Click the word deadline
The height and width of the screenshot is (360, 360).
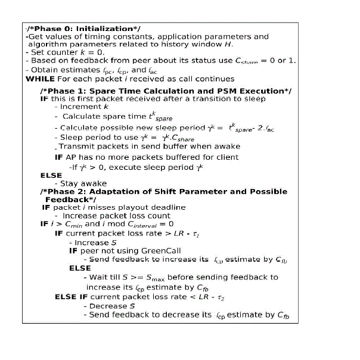coord(164,207)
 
